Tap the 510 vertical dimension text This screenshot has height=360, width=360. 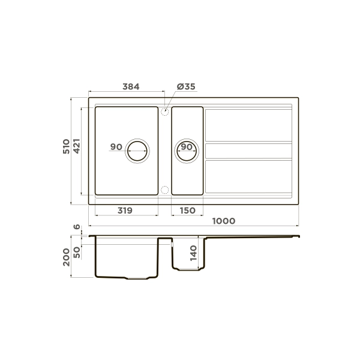pyautogui.click(x=67, y=147)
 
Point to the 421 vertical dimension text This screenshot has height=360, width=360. pyautogui.click(x=77, y=147)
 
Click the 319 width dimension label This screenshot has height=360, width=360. pyautogui.click(x=125, y=211)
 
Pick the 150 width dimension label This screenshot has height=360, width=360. pyautogui.click(x=187, y=211)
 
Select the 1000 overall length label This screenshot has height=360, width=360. pyautogui.click(x=224, y=220)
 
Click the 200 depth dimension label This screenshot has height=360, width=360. pyautogui.click(x=67, y=257)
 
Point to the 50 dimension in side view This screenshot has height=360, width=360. pyautogui.click(x=77, y=252)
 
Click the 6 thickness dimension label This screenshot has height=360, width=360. pyautogui.click(x=77, y=227)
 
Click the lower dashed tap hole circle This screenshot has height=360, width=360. pyautogui.click(x=165, y=190)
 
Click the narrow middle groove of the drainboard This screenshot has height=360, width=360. pyautogui.click(x=249, y=150)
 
